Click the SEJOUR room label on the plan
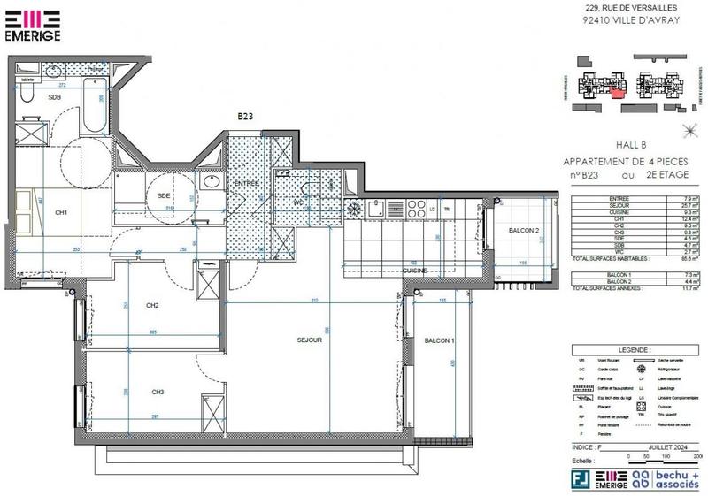(309, 340)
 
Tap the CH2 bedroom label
(152, 306)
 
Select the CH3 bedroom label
(158, 392)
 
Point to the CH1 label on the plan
(61, 212)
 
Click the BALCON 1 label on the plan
(439, 341)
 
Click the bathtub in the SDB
(93, 104)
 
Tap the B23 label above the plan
(246, 116)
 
